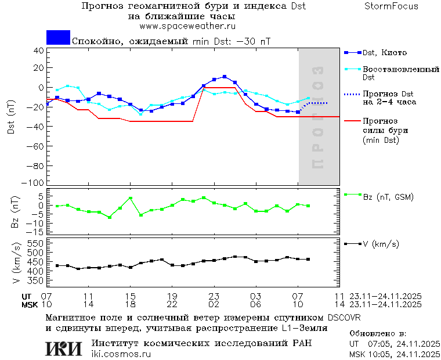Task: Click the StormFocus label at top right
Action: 391,6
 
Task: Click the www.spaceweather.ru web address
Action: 186,26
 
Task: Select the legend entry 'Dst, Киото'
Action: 385,52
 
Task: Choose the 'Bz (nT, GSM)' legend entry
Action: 388,197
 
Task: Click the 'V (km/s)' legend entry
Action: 381,244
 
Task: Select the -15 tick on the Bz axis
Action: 35,232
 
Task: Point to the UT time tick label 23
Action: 214,296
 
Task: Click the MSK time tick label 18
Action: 131,304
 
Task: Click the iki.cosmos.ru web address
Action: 121,354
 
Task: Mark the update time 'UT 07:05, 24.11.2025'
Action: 394,344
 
